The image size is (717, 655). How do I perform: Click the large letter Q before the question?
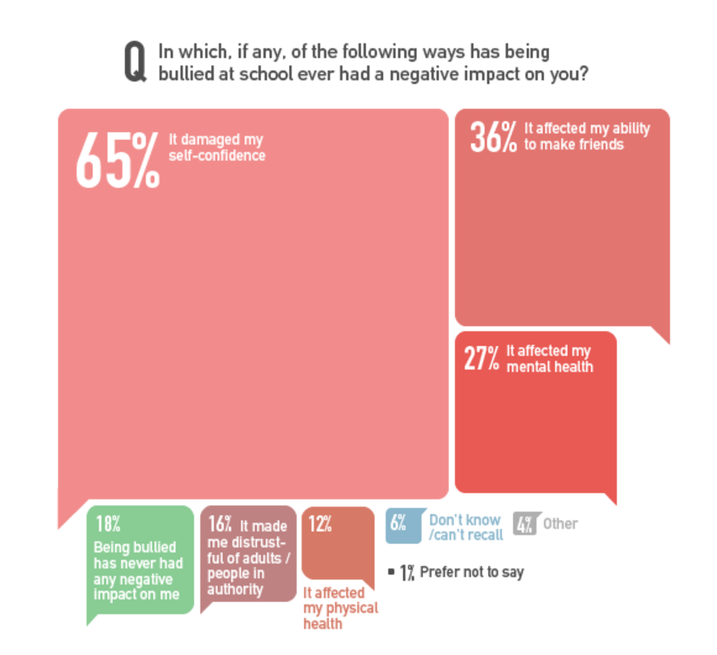tap(134, 61)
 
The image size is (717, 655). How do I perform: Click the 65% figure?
tap(118, 160)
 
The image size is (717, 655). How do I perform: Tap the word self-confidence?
tap(217, 156)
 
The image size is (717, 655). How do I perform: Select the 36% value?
tap(493, 137)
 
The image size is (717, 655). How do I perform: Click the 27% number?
tap(481, 358)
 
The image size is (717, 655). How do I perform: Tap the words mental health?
tap(550, 367)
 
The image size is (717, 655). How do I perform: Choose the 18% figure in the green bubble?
tap(108, 524)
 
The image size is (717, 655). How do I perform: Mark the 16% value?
tap(219, 524)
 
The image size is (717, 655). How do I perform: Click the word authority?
tap(235, 589)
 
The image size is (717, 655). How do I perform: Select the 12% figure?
tap(320, 524)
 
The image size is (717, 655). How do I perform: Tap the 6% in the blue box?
tap(398, 523)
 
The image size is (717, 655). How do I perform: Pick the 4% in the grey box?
tap(524, 524)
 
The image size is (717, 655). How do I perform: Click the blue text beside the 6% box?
tap(465, 527)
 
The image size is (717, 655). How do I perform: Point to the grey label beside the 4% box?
tap(560, 524)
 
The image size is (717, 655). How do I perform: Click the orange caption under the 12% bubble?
tap(340, 608)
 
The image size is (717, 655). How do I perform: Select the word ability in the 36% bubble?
tap(630, 129)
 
